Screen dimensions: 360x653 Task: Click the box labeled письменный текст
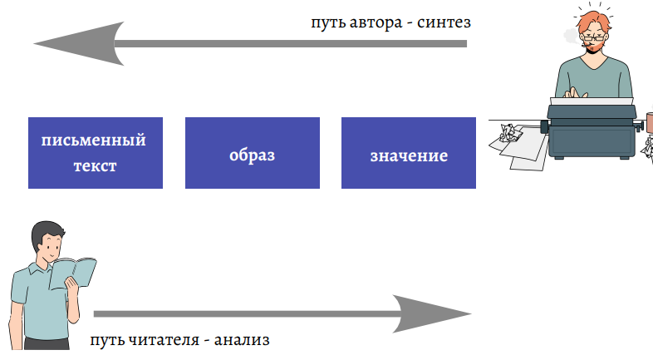click(95, 153)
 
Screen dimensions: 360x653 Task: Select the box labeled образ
click(252, 153)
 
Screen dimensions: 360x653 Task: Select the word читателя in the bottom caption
click(164, 340)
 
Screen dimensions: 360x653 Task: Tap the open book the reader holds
click(73, 272)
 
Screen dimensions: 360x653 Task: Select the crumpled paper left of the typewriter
click(509, 133)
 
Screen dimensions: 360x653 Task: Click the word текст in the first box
click(95, 165)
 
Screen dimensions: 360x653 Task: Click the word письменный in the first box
click(95, 140)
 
